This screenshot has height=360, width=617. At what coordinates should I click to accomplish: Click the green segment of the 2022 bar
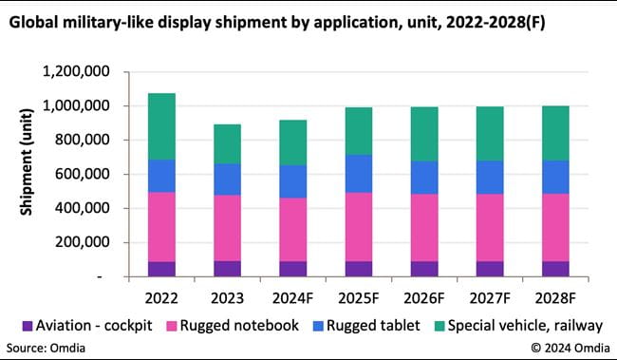point(161,126)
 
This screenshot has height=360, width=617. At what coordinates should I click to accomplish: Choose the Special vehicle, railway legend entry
point(518,326)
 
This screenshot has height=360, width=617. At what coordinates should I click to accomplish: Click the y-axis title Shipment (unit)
point(27,174)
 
